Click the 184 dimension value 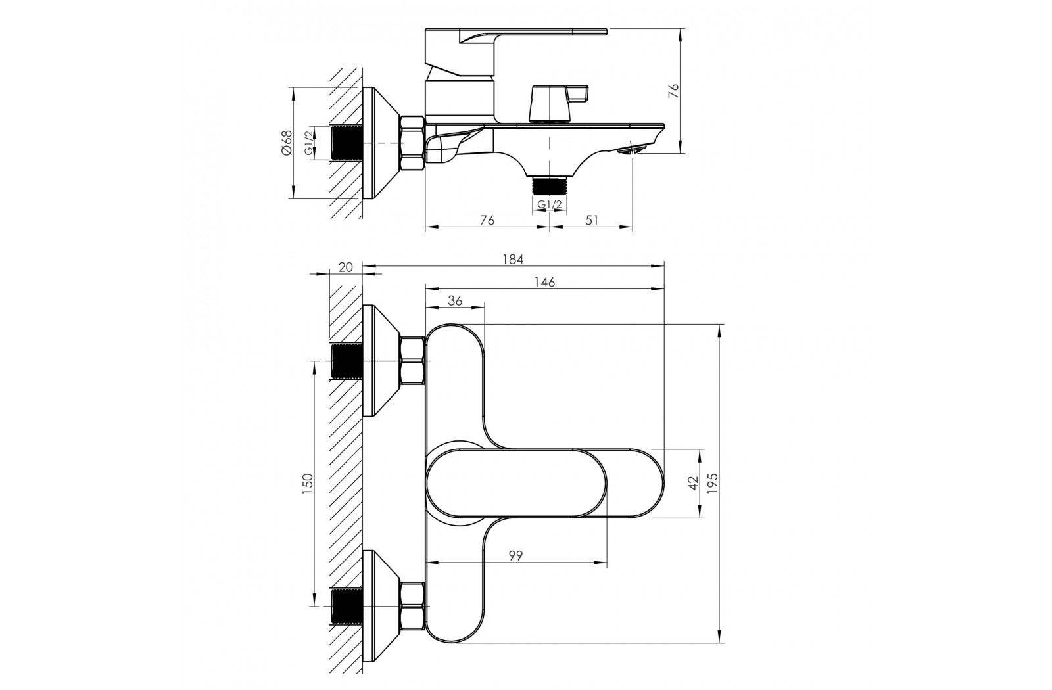513,259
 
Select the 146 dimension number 545,282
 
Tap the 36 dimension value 454,300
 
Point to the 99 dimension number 515,555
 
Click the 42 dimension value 693,484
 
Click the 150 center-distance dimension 307,484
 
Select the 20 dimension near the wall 345,267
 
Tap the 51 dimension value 592,219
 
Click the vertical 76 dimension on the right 673,91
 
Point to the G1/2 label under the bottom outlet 550,204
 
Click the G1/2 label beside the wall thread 308,143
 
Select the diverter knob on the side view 558,103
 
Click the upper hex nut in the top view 412,361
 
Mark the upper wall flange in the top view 381,361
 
